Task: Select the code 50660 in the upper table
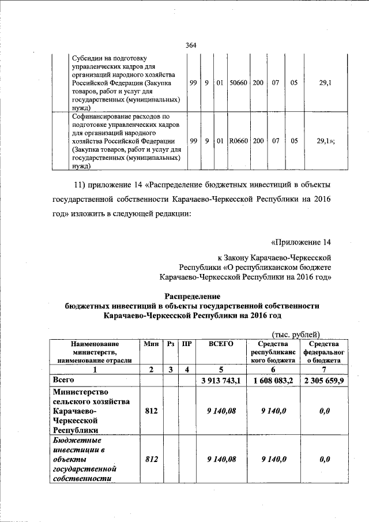point(238,82)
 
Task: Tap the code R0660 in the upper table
point(238,140)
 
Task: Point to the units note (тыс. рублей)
point(295,333)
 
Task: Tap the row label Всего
point(63,380)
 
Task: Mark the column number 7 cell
point(323,369)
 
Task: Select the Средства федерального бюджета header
point(323,351)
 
